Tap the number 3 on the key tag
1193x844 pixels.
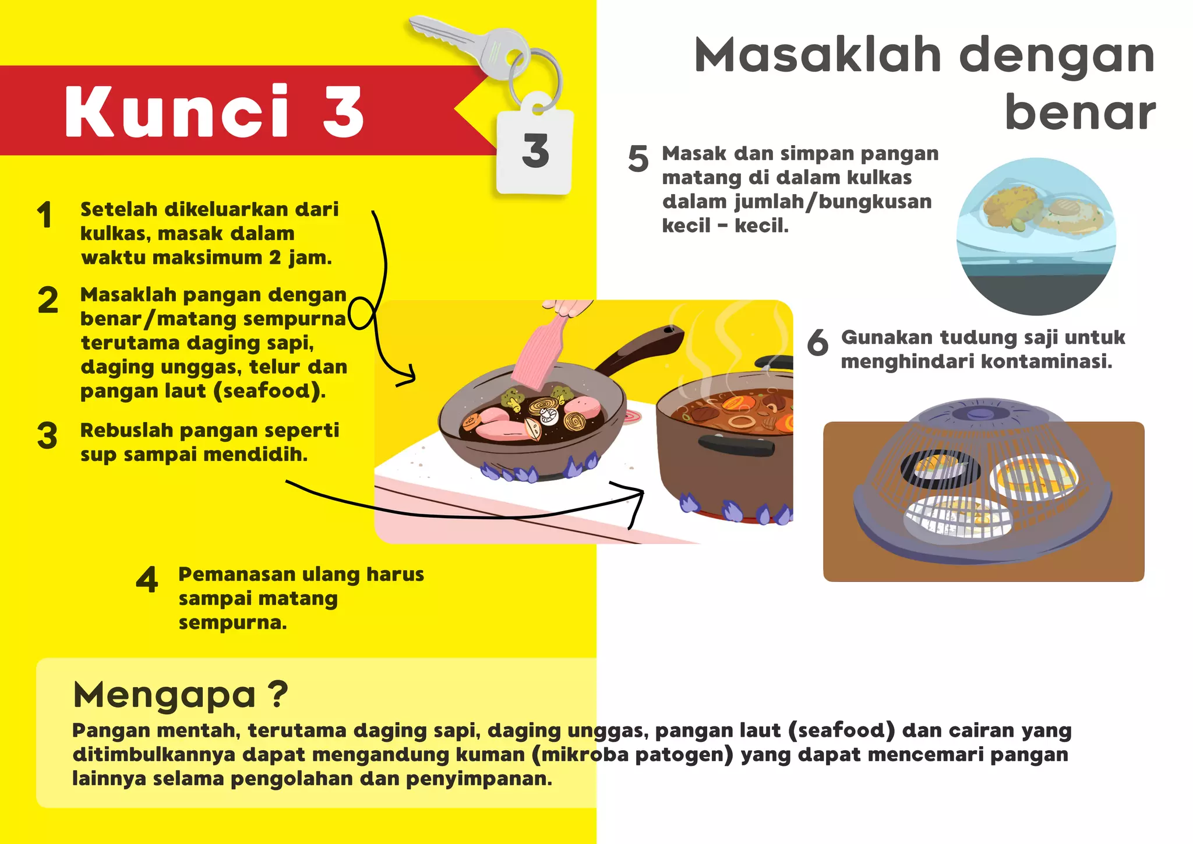point(535,150)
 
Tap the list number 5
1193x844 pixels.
point(638,159)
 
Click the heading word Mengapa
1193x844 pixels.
point(164,694)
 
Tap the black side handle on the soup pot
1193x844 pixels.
point(736,445)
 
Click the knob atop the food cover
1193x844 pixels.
point(980,413)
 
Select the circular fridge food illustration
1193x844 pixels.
point(1036,236)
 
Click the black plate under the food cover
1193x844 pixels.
point(940,469)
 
